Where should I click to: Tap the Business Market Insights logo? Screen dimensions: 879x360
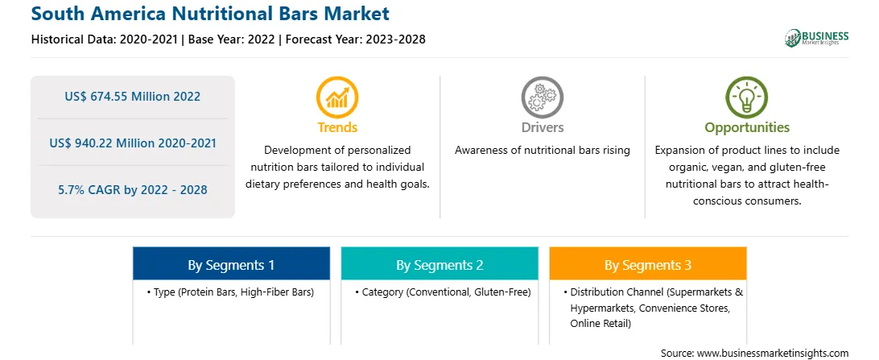pos(816,38)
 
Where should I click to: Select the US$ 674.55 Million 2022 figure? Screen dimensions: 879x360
pos(132,97)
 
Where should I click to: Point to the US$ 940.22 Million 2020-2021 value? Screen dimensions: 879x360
pos(132,143)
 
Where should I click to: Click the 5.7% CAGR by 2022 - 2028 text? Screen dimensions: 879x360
pos(132,190)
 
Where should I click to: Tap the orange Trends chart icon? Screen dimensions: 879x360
pos(337,97)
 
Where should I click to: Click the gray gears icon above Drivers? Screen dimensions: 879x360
pos(542,97)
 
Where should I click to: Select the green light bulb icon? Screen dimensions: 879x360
pos(747,97)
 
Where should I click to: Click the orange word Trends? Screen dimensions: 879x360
pos(337,128)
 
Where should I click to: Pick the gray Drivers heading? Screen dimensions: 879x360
pos(542,128)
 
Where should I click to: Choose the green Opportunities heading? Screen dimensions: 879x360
pos(747,128)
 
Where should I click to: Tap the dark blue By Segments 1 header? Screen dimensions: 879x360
pos(232,263)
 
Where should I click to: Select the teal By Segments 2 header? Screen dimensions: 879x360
pos(439,263)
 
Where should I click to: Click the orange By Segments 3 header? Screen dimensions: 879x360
pos(648,263)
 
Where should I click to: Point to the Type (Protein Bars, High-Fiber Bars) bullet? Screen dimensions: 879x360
pos(230,292)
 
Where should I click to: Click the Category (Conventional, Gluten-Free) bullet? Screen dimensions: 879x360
pos(443,292)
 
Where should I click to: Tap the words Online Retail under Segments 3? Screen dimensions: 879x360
pos(600,324)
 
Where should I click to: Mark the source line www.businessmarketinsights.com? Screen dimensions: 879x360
pos(755,353)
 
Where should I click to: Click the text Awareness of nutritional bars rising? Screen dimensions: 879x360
pos(542,151)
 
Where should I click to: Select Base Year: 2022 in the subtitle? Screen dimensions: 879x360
pos(232,39)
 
